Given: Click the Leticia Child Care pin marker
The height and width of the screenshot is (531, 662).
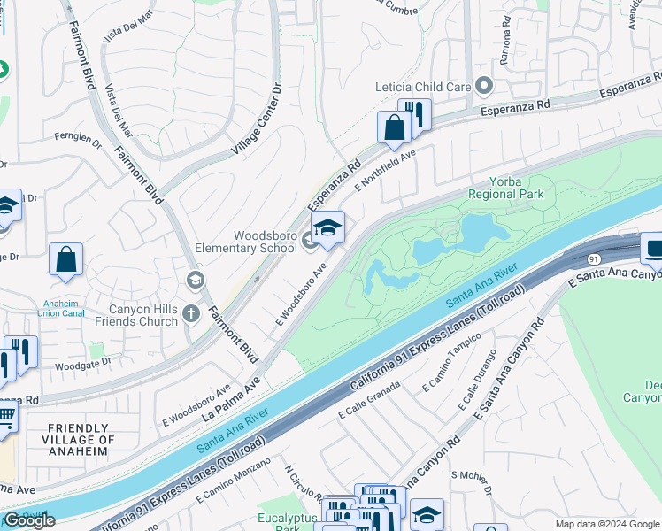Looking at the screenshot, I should click(483, 87).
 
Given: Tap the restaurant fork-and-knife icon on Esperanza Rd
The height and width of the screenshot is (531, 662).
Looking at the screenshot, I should click(413, 114).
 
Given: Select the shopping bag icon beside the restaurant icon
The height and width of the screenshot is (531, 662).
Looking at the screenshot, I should click(393, 127).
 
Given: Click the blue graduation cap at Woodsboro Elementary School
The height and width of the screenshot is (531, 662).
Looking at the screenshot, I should click(327, 228).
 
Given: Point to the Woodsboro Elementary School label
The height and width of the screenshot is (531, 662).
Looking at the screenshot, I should click(252, 242).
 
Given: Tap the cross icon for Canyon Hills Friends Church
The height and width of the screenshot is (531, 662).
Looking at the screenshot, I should click(191, 313).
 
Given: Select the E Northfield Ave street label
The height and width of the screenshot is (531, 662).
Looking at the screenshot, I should click(385, 170).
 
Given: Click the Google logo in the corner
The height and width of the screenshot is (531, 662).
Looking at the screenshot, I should click(29, 520).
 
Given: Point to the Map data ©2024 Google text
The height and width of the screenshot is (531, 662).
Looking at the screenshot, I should click(607, 524).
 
